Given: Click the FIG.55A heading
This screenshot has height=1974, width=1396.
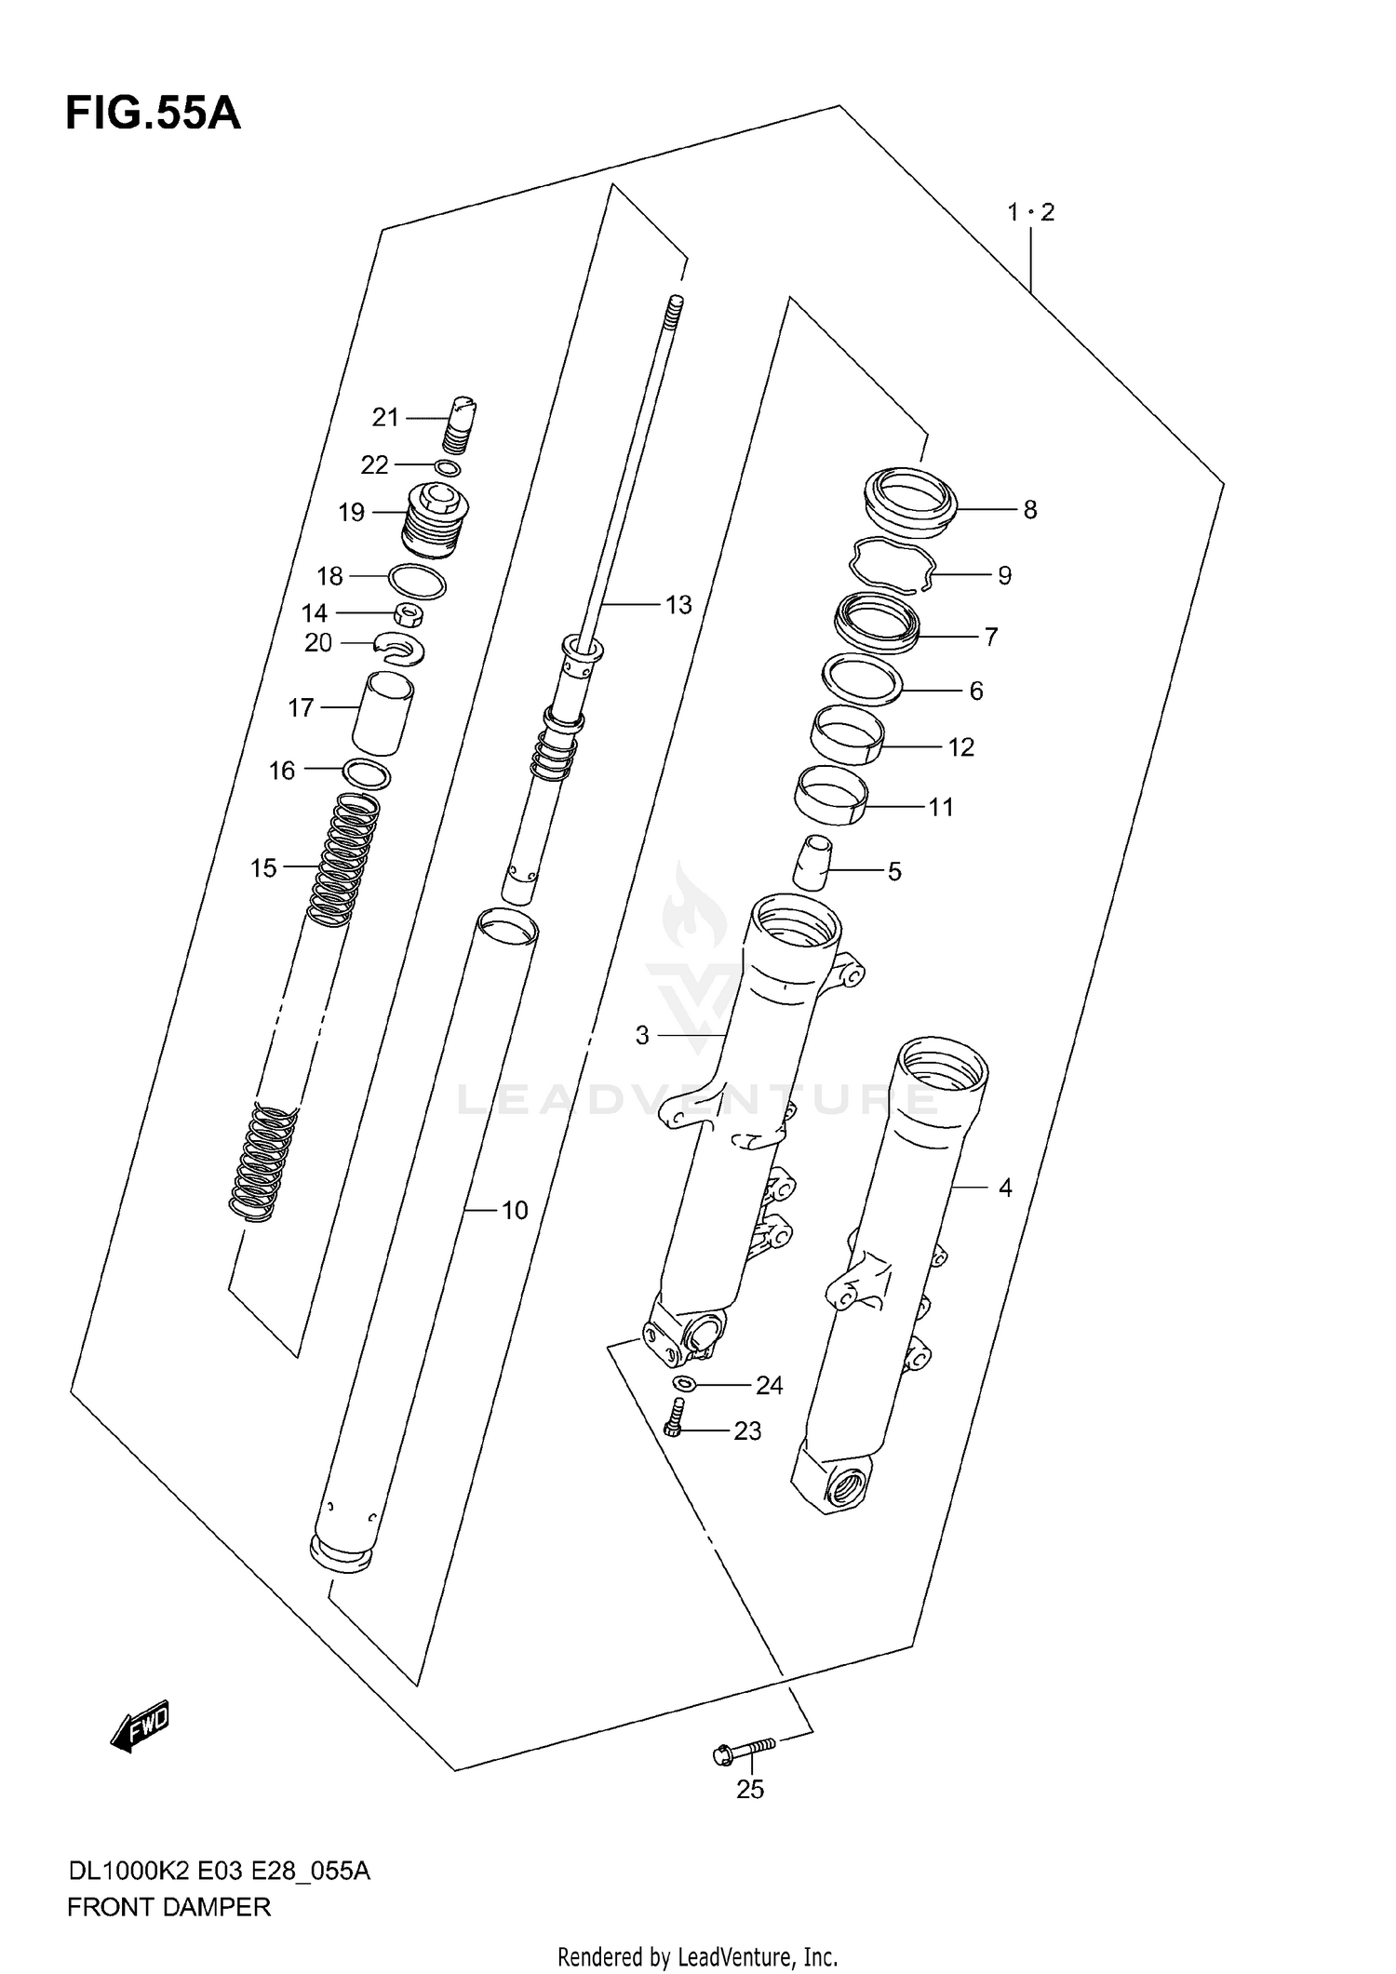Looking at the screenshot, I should (153, 114).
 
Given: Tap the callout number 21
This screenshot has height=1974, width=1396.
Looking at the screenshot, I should (385, 418).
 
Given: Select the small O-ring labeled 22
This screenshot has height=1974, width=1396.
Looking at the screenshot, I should (448, 467).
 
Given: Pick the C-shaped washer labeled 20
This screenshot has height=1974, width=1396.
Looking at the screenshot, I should (401, 647).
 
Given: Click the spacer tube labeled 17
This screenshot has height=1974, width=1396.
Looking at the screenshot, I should (383, 714).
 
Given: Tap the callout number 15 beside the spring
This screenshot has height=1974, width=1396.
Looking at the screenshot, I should (263, 868).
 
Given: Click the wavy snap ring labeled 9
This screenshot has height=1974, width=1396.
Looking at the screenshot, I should (893, 566).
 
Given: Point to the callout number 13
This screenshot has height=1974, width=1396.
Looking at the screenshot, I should (678, 605).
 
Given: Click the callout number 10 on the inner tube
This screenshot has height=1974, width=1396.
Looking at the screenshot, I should (515, 1210).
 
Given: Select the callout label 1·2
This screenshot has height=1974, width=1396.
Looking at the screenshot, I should (1030, 212).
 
